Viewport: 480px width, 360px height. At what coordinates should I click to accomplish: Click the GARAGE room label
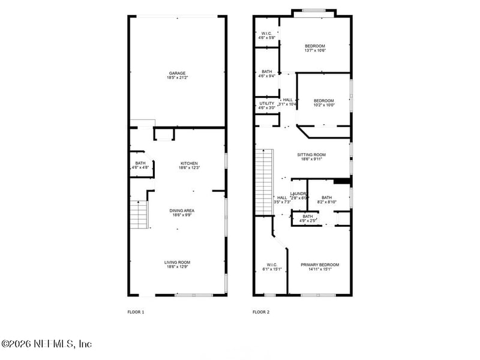point(176,76)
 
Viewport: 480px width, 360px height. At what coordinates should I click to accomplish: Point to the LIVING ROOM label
point(178,265)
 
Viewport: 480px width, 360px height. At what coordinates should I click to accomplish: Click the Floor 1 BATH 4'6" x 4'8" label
point(140,166)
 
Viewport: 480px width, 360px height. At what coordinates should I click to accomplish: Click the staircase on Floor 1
point(139,214)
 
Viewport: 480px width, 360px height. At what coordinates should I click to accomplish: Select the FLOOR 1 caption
point(136,312)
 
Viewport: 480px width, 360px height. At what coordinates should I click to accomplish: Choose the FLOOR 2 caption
point(261,312)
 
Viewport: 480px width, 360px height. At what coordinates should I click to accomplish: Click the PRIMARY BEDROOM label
point(320,267)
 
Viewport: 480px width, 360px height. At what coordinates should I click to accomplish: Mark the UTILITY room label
point(266,106)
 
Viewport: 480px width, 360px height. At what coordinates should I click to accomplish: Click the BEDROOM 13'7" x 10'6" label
point(314,49)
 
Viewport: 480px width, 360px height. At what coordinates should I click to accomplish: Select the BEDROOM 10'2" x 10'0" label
point(323,103)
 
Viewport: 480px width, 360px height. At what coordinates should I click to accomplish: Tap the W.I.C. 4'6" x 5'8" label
point(266,35)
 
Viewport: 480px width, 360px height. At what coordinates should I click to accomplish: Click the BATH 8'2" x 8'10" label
point(326,200)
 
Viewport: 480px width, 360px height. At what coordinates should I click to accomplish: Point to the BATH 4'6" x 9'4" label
point(266,74)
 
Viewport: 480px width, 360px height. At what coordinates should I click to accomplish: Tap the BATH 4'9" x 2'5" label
point(308,218)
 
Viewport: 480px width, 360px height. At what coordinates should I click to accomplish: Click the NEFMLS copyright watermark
point(46,344)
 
